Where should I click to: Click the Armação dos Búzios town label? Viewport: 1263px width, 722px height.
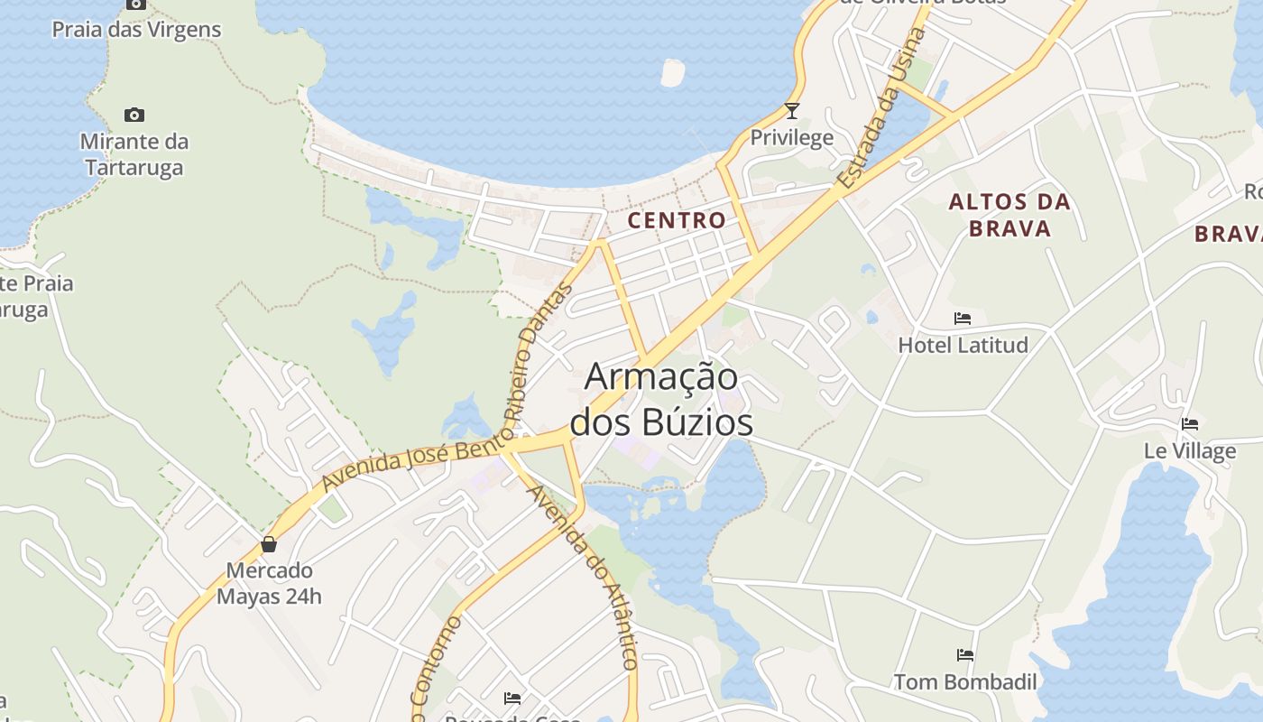coord(661,399)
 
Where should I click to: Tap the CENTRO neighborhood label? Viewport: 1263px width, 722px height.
coord(677,220)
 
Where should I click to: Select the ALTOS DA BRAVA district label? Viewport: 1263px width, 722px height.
coord(1009,215)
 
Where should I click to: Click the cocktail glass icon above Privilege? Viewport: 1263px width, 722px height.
coord(792,111)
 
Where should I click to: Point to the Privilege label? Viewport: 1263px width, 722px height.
coord(792,138)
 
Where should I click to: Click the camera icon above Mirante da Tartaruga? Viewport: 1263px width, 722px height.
coord(134,115)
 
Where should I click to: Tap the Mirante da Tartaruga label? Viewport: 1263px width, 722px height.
coord(134,154)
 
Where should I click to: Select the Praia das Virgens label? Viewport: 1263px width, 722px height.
coord(136,30)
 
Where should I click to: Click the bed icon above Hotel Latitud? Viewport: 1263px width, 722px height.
coord(963,319)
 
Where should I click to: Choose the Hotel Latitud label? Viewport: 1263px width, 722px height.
coord(963,345)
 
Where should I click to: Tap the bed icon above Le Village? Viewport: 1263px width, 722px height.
coord(1190,424)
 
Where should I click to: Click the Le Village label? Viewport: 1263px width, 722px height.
coord(1190,450)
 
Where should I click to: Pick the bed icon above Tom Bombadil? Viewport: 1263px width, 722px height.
coord(965,655)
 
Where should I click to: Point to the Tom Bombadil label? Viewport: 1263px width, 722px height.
coord(965,681)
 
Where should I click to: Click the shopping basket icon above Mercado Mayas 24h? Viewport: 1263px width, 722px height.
coord(269,544)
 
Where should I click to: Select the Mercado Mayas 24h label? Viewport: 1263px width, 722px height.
coord(269,583)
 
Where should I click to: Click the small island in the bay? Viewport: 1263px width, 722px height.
coord(672,72)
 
